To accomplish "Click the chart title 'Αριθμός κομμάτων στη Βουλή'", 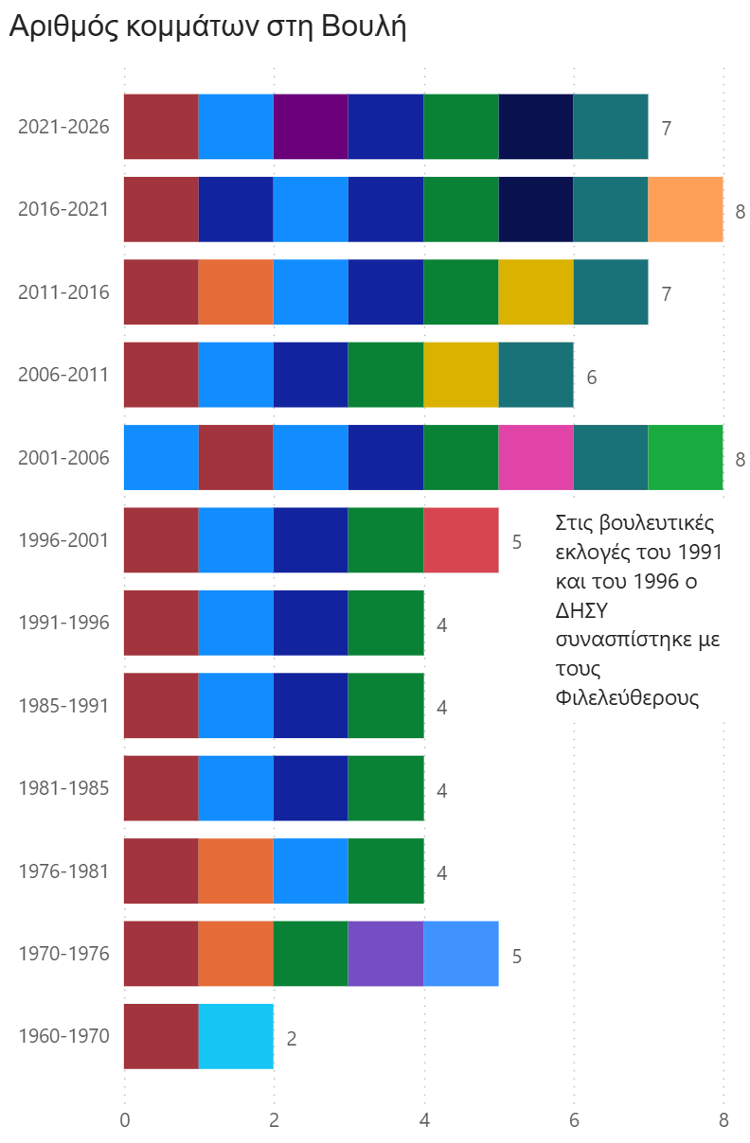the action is (x=207, y=26).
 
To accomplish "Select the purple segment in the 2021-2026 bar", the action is (x=311, y=127).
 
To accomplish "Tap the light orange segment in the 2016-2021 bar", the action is (x=686, y=209).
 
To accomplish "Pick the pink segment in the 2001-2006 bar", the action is (x=536, y=457).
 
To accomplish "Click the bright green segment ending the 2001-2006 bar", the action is (x=686, y=457).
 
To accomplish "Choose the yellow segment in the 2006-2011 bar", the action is (x=461, y=375).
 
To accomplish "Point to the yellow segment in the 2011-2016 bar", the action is (x=536, y=291).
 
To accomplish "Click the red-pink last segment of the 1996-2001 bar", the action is (x=461, y=540).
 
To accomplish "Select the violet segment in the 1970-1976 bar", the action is (x=386, y=953).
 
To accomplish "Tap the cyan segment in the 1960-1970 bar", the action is (x=236, y=1036).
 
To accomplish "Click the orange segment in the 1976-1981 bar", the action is (x=236, y=870).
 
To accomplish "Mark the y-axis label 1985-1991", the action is (x=63, y=706).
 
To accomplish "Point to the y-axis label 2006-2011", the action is (x=63, y=375).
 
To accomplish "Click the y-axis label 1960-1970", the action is (x=63, y=1036).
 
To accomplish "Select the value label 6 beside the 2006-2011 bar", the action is (x=592, y=378).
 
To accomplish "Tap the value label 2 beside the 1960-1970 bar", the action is (x=292, y=1039).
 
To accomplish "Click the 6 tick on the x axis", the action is (x=574, y=1120).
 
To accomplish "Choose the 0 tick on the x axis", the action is (x=125, y=1120).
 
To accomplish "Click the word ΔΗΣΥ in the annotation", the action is (x=581, y=610).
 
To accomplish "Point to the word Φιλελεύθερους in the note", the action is (x=627, y=697).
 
